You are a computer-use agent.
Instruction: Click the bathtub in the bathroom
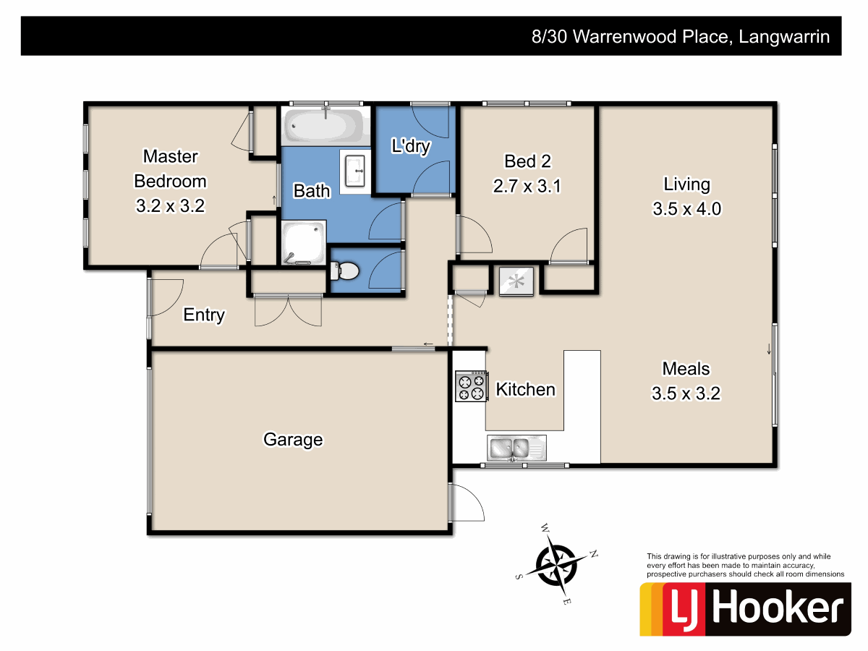[325, 126]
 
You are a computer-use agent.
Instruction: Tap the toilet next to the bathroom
[345, 271]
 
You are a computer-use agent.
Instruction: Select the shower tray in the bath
[304, 242]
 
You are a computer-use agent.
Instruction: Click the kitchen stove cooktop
[470, 386]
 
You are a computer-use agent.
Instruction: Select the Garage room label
[293, 439]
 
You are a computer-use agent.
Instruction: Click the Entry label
[204, 315]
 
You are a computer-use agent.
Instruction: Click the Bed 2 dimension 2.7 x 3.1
[527, 186]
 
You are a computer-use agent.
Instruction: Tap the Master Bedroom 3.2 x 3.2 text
[171, 205]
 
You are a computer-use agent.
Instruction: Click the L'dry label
[411, 147]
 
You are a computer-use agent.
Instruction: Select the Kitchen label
[525, 390]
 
